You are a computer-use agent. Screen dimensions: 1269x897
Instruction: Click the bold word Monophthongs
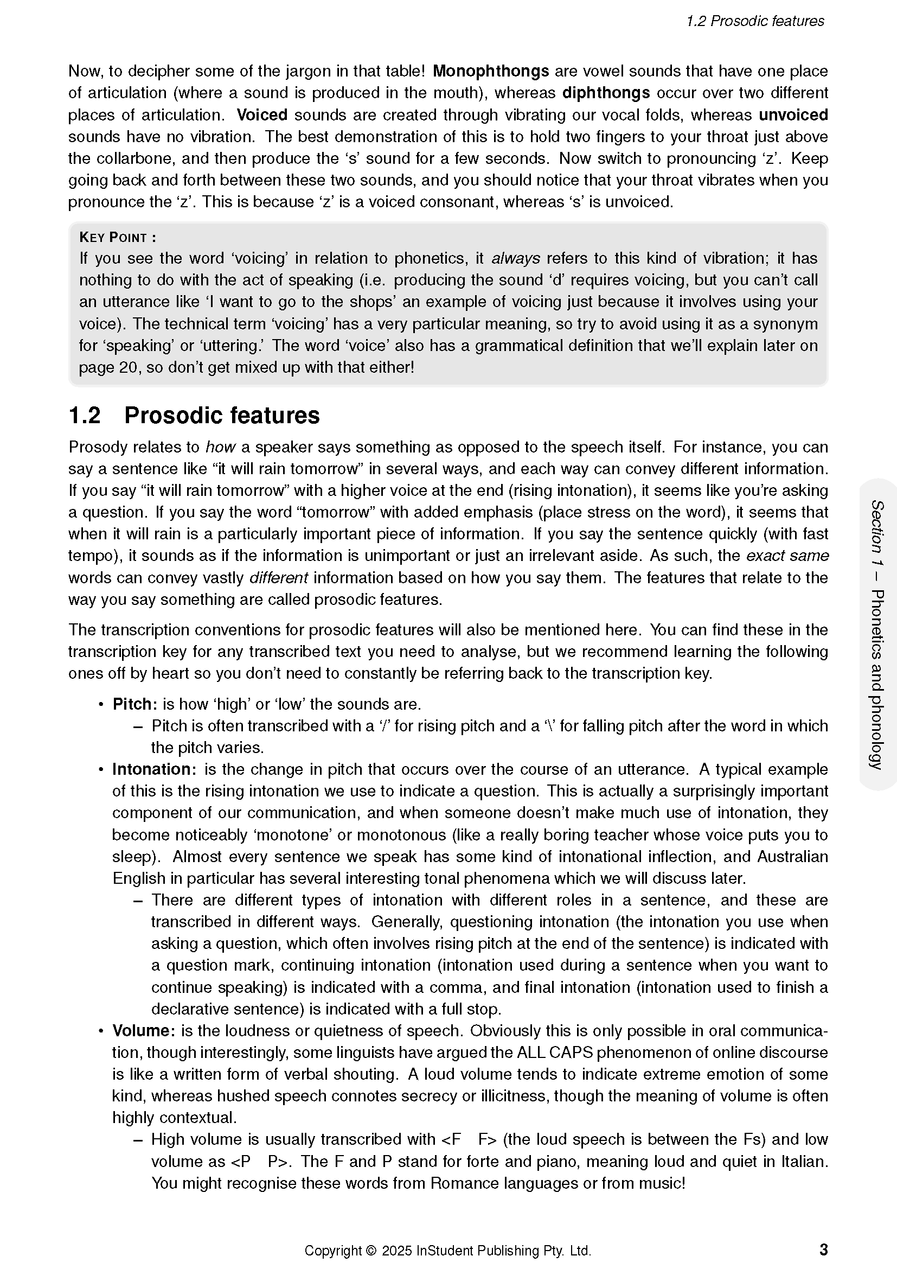pos(490,71)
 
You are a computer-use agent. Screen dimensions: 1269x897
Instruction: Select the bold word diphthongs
pos(605,93)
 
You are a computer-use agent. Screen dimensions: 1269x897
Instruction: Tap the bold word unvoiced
pos(793,115)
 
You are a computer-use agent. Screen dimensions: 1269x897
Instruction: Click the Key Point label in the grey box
pos(117,238)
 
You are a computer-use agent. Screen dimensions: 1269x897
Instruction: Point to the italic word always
pos(515,258)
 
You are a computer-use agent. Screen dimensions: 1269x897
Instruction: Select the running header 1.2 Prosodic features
pos(754,21)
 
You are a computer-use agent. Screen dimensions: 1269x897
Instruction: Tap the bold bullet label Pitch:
pos(135,704)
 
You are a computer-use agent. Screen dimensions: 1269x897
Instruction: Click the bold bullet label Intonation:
pos(154,769)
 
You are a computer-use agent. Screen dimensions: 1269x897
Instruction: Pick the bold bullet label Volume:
pos(144,1031)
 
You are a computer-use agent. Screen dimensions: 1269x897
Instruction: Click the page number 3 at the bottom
pos(824,1249)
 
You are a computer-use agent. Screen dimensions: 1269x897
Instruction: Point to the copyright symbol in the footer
pos(370,1251)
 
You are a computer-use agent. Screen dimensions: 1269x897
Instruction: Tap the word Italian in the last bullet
pos(804,1161)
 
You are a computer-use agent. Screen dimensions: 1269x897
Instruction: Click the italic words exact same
pos(787,556)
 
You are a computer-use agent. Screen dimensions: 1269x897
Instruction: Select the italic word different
pos(278,578)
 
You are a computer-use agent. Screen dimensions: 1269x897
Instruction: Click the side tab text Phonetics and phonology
pos(877,679)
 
